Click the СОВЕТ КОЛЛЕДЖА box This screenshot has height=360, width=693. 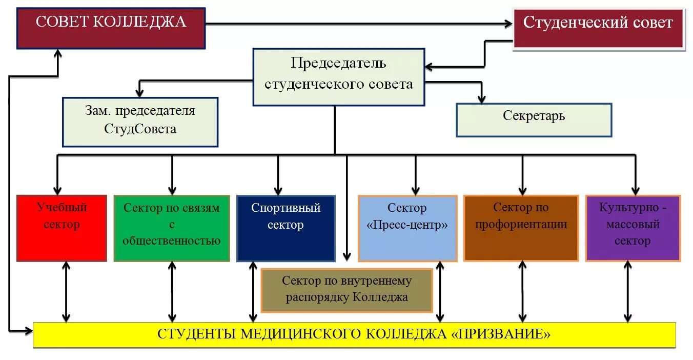(x=111, y=28)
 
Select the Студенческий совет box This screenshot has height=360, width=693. (x=599, y=29)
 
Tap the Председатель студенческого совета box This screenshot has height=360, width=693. (x=339, y=77)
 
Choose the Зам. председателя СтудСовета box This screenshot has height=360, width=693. (x=140, y=122)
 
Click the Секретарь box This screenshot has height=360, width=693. (x=534, y=120)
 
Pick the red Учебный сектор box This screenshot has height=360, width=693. (x=62, y=228)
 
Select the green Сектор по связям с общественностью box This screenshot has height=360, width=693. (x=172, y=228)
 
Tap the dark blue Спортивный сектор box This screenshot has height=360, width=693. (x=286, y=228)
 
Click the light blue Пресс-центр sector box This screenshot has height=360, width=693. (x=407, y=228)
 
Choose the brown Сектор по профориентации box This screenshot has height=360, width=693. (x=521, y=228)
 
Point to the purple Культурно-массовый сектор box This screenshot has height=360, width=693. (x=633, y=228)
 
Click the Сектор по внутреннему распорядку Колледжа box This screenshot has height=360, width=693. (x=346, y=290)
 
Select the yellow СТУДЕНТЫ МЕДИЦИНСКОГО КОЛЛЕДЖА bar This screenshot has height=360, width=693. (x=354, y=335)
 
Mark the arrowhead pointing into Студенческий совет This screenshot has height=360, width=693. (x=508, y=24)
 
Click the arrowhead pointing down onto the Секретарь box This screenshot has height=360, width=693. (x=481, y=98)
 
